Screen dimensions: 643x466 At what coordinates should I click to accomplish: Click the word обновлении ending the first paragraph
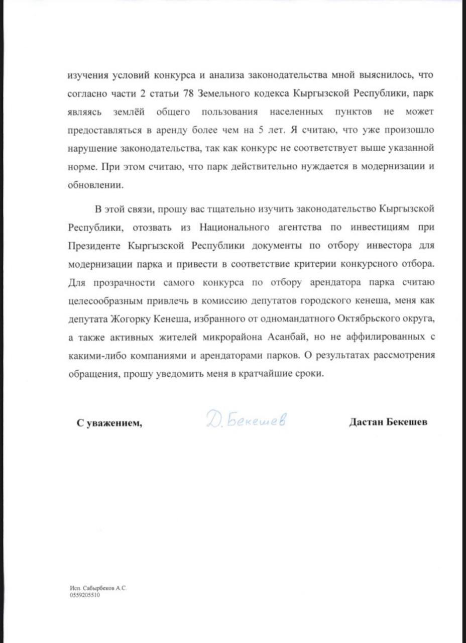(95, 185)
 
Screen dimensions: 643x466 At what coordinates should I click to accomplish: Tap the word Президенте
(94, 246)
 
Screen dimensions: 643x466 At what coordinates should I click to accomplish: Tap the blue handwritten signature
(246, 420)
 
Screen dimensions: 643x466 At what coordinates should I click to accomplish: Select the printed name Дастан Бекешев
(388, 422)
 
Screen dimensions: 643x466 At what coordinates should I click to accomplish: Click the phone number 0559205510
(85, 594)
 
